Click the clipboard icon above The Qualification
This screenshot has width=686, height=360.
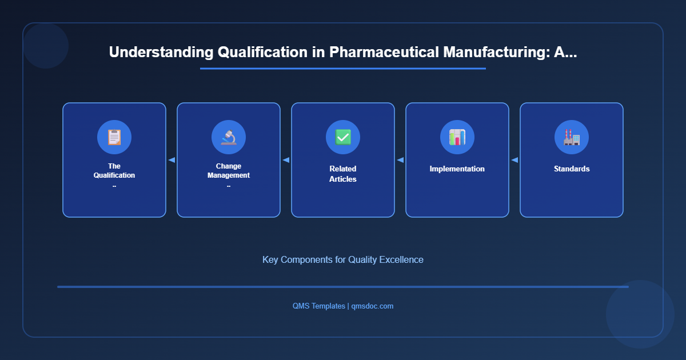[x=114, y=137]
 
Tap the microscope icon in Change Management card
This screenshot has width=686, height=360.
[x=229, y=137]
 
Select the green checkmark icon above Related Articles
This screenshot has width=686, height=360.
[x=343, y=137]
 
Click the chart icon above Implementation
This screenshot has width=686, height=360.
[x=457, y=137]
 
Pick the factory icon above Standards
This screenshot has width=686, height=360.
[x=572, y=137]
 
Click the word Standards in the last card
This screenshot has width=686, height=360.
[x=572, y=169]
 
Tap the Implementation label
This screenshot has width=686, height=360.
[x=457, y=169]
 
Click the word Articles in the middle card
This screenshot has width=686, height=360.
[x=343, y=179]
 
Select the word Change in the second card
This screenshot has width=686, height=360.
[x=229, y=166]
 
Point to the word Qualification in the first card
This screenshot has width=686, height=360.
[x=114, y=175]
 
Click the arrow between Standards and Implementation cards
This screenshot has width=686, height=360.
[x=514, y=160]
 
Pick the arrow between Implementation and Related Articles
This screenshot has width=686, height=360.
[x=400, y=160]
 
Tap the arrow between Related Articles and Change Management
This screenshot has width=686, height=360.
[x=286, y=160]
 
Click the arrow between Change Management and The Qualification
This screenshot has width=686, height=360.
[x=171, y=160]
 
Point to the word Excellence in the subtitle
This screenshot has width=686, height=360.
[x=402, y=259]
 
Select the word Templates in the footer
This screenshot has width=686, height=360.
[x=328, y=306]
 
